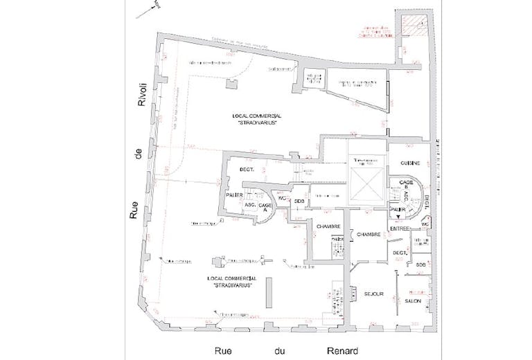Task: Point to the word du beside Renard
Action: [284, 351]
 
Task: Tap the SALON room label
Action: [414, 301]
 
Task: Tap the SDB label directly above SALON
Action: [420, 264]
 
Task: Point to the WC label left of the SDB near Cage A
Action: [283, 199]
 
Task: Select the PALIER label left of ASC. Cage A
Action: [234, 195]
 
